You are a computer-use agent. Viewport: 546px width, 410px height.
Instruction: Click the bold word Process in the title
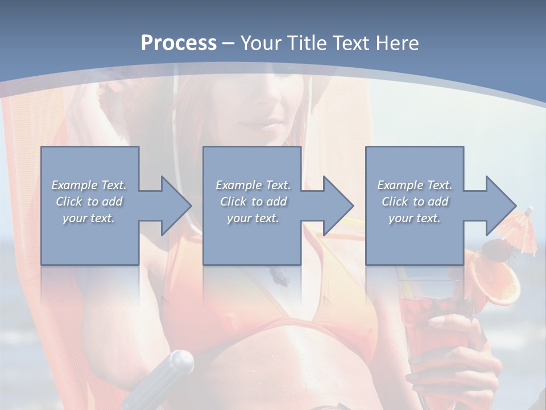[x=179, y=43]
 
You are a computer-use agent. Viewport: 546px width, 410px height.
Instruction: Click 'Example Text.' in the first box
[x=89, y=185]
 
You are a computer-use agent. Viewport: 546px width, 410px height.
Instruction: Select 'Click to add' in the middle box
[x=253, y=202]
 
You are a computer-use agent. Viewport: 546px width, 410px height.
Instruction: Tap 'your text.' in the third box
[x=415, y=218]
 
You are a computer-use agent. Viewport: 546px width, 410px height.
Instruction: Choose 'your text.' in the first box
[x=89, y=218]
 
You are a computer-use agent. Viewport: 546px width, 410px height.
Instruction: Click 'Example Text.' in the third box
[x=415, y=185]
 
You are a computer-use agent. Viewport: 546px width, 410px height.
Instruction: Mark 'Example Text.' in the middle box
[x=253, y=185]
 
